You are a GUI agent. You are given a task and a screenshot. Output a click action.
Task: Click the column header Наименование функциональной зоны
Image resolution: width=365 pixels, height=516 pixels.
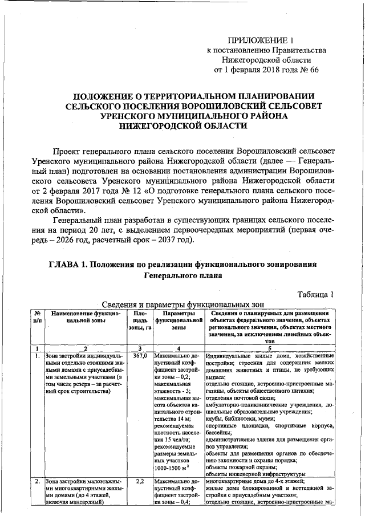tap(86, 317)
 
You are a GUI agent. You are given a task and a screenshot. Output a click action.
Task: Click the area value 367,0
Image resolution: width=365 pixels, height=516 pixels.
tap(140, 356)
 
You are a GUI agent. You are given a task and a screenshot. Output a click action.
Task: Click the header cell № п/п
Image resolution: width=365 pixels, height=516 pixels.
tap(36, 317)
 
